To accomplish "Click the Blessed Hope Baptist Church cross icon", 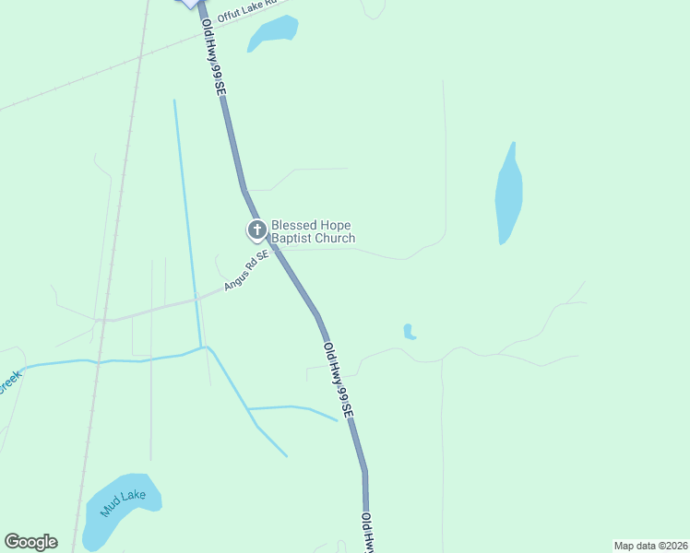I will (x=256, y=229).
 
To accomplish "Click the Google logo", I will (x=30, y=542).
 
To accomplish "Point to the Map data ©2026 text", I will (x=650, y=546).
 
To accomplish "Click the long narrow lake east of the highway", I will (x=509, y=194).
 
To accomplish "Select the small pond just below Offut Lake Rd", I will (x=272, y=34).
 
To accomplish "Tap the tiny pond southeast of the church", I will (x=409, y=332).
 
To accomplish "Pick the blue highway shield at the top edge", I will (x=189, y=4).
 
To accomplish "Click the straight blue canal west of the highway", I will (x=187, y=221).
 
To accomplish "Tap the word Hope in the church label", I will (x=331, y=225).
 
